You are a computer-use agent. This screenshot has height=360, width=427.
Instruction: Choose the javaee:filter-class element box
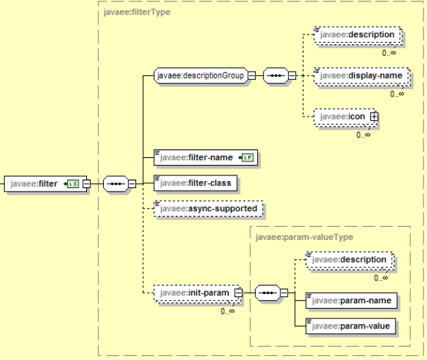pyautogui.click(x=196, y=183)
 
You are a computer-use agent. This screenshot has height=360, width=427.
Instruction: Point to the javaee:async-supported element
pyautogui.click(x=208, y=208)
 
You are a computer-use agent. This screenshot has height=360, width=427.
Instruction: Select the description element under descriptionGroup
pyautogui.click(x=358, y=34)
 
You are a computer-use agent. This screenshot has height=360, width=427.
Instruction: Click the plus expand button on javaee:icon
pyautogui.click(x=374, y=117)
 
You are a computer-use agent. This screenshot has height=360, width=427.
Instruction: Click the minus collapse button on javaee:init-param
pyautogui.click(x=238, y=291)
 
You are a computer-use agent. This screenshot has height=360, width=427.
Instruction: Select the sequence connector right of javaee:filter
pyautogui.click(x=114, y=184)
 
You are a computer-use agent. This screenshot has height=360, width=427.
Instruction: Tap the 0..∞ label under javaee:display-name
pyautogui.click(x=397, y=93)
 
